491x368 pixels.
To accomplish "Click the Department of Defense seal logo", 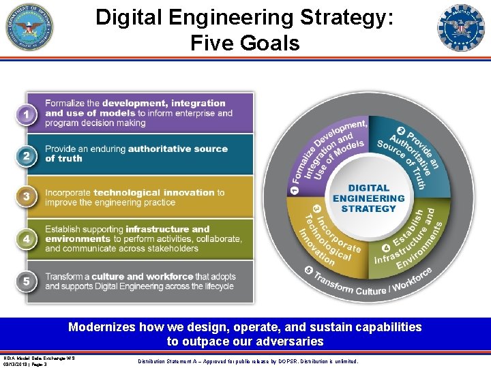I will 29,27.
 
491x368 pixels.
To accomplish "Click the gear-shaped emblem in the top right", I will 460,28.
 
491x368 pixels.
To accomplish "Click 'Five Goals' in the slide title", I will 245,44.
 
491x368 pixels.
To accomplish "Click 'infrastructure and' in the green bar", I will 168,230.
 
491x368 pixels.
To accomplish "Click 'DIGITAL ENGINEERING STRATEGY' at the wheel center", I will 368,198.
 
